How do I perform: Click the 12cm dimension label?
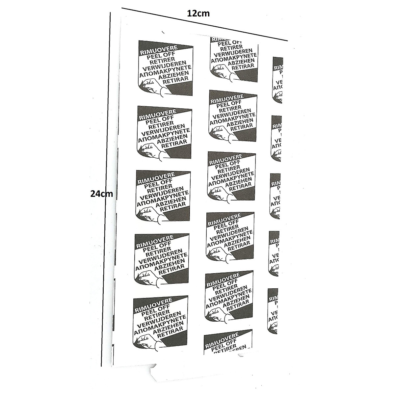198,13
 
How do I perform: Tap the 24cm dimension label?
101,194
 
